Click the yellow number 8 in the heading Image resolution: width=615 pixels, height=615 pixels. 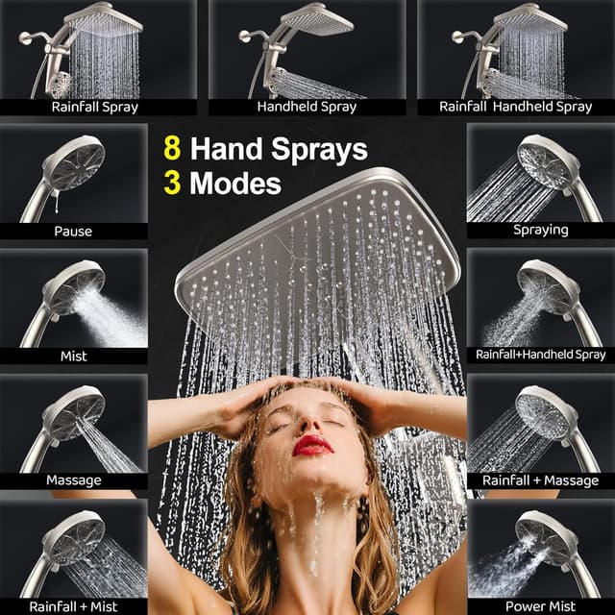(x=172, y=149)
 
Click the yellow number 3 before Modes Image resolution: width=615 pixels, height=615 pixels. (x=172, y=184)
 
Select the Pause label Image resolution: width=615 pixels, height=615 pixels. (x=73, y=231)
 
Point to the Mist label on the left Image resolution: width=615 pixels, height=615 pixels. (x=73, y=356)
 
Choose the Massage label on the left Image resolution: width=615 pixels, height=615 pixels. (x=73, y=480)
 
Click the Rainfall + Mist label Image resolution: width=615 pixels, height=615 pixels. (x=73, y=606)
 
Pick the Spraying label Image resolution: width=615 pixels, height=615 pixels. (x=540, y=231)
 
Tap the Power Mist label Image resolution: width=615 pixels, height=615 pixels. (x=540, y=606)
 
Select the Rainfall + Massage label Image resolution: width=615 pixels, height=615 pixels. (x=540, y=480)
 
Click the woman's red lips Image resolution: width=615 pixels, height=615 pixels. (x=312, y=445)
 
